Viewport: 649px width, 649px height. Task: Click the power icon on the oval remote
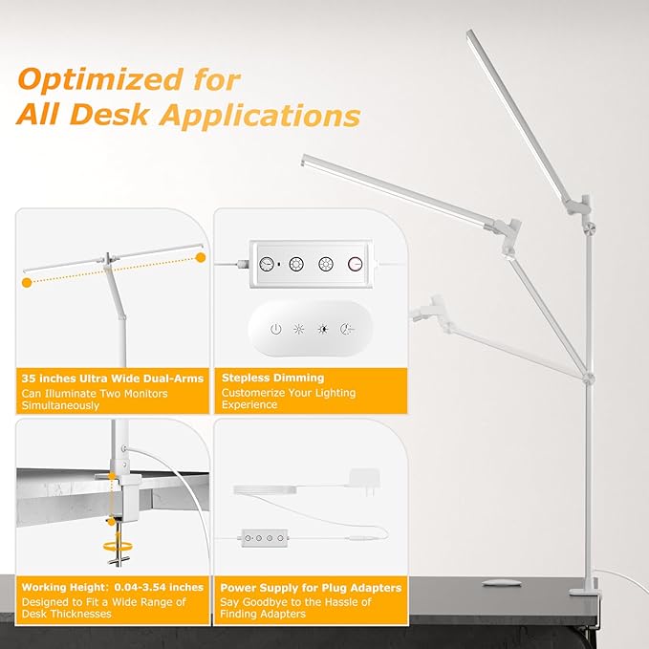point(275,329)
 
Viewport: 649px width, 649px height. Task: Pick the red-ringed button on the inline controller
point(356,265)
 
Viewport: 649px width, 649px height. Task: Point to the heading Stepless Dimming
point(272,379)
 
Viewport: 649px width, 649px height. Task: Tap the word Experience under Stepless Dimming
point(249,405)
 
